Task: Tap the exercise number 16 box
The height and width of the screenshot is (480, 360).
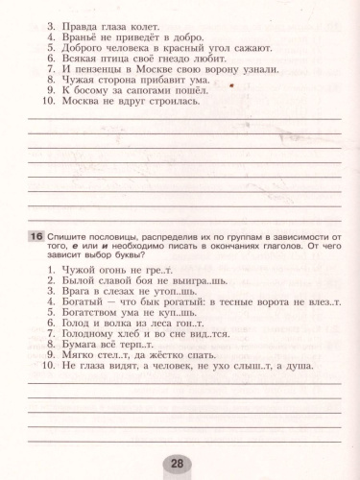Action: pyautogui.click(x=36, y=236)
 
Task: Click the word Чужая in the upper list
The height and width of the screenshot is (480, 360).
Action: pyautogui.click(x=81, y=82)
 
